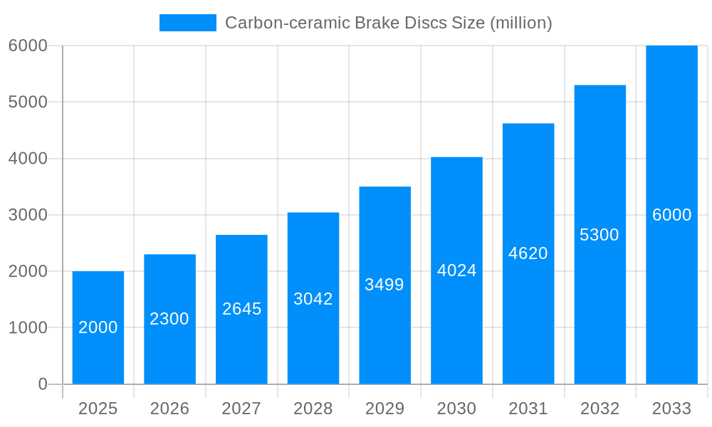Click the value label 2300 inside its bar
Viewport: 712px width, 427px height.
[169, 319]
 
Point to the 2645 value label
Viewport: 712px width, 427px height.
[241, 309]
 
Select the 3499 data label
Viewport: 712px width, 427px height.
[384, 285]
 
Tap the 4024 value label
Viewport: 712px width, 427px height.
[456, 270]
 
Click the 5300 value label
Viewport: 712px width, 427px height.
[600, 235]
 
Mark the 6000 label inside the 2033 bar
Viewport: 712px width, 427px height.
[671, 215]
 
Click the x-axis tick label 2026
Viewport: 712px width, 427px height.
[169, 408]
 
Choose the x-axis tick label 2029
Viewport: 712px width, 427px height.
[384, 408]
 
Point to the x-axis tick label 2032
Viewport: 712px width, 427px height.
[600, 408]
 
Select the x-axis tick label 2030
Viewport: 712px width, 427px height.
[456, 408]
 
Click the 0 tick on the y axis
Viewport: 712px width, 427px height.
[42, 384]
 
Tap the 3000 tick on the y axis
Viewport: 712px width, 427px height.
[28, 215]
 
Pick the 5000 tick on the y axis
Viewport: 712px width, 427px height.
[28, 102]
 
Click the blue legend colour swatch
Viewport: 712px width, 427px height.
[188, 23]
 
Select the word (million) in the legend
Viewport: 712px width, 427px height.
[521, 23]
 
